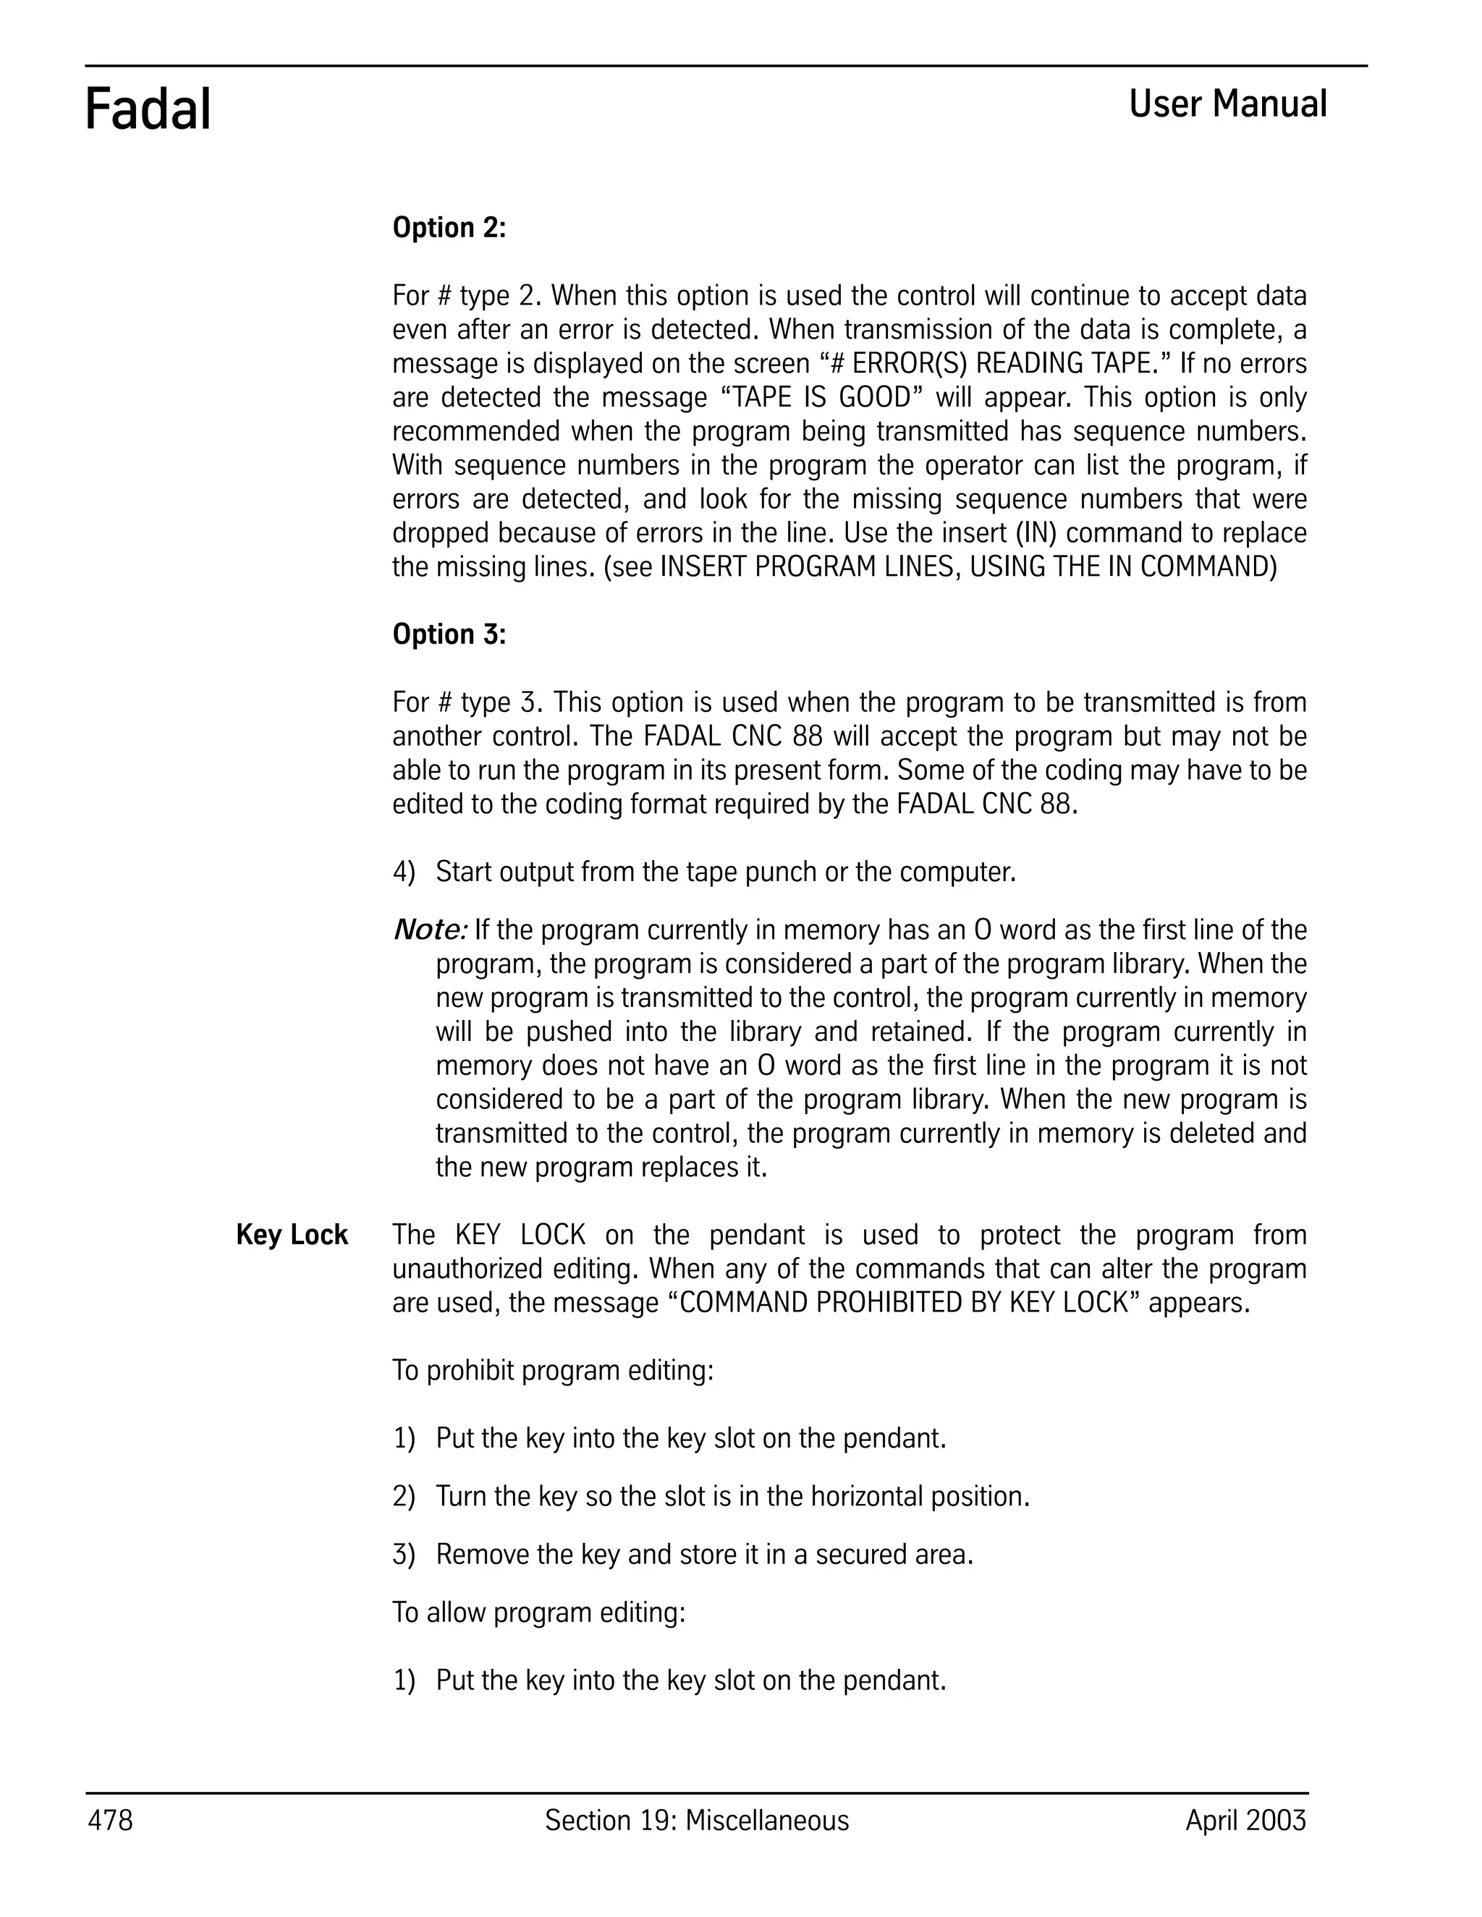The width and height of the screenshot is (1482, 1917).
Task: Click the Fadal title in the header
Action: (x=148, y=111)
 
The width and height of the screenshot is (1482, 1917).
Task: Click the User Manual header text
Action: (x=1227, y=104)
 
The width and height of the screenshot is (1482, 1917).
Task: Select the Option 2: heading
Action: (x=449, y=228)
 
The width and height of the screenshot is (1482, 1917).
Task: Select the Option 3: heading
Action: (x=449, y=634)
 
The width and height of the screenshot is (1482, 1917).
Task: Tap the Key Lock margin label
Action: (x=292, y=1235)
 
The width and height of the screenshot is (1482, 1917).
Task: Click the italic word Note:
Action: (x=428, y=930)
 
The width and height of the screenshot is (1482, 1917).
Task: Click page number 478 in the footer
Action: (x=110, y=1821)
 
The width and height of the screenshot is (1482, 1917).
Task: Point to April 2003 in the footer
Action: (x=1245, y=1821)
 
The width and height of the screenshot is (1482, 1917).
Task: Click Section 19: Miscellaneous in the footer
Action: (x=696, y=1821)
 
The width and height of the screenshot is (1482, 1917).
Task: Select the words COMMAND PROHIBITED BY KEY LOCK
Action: (x=903, y=1303)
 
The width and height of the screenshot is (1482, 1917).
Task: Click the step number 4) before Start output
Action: (x=403, y=872)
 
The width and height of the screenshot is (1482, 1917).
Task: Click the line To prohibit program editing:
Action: (x=552, y=1370)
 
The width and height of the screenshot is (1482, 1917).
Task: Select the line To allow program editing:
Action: (x=538, y=1612)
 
